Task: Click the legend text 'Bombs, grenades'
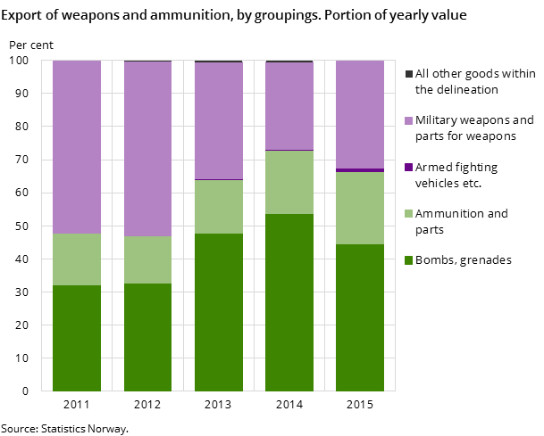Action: (x=463, y=260)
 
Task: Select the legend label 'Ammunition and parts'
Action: (x=461, y=221)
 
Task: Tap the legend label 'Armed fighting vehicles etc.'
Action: (x=456, y=175)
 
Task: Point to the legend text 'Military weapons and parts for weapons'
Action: (x=473, y=128)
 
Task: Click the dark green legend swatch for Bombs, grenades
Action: (x=409, y=260)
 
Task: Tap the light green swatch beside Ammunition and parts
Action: (x=409, y=214)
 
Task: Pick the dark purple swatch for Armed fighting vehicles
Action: (x=409, y=168)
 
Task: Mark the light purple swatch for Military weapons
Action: (x=409, y=120)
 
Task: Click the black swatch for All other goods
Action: (x=409, y=74)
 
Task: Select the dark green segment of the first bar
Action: (x=77, y=338)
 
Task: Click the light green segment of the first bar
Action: (x=77, y=259)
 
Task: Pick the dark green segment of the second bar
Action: (x=147, y=337)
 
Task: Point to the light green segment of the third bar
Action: (x=219, y=207)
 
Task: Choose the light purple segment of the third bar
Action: (x=219, y=121)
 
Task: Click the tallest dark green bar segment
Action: (x=289, y=302)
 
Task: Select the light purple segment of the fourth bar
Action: (x=289, y=106)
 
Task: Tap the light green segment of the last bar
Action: (x=360, y=208)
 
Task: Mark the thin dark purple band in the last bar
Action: (x=360, y=169)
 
